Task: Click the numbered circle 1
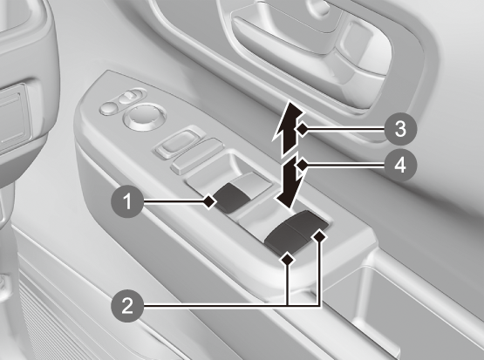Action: click(127, 202)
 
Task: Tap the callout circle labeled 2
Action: click(127, 306)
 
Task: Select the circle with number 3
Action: click(400, 129)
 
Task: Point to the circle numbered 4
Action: click(400, 166)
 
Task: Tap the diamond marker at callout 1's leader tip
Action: click(209, 201)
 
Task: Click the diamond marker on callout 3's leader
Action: click(303, 129)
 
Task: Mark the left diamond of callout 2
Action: click(288, 259)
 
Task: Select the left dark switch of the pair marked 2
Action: click(283, 239)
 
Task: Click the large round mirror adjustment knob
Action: click(144, 117)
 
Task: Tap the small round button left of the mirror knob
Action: click(109, 108)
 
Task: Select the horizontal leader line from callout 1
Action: click(174, 201)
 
